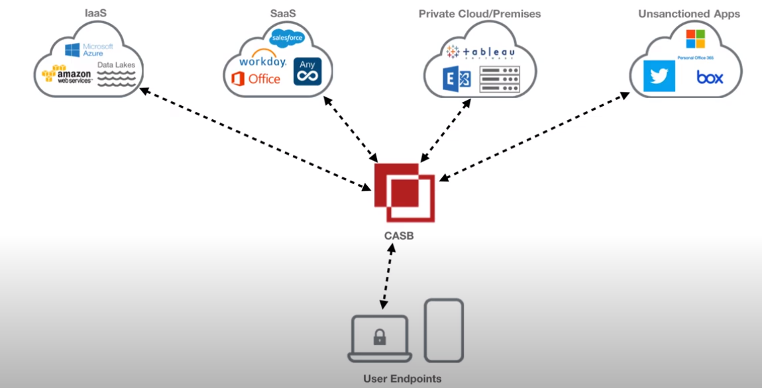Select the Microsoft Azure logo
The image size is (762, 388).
tap(89, 50)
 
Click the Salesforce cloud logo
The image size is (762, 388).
tap(287, 37)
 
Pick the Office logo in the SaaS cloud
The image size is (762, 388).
tap(256, 79)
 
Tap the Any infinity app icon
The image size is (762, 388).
tap(307, 72)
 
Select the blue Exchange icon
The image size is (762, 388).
tap(457, 79)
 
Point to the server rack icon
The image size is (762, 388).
tap(499, 79)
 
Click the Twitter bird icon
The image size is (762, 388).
tap(659, 77)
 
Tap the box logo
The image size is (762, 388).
tap(709, 77)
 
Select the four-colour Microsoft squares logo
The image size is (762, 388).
tap(695, 39)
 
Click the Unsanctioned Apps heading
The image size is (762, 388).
tap(689, 13)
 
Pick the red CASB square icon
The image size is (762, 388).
tap(404, 191)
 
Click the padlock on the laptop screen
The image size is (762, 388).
tap(379, 338)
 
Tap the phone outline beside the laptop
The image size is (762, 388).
tap(443, 330)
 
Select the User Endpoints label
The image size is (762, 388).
tap(402, 379)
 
